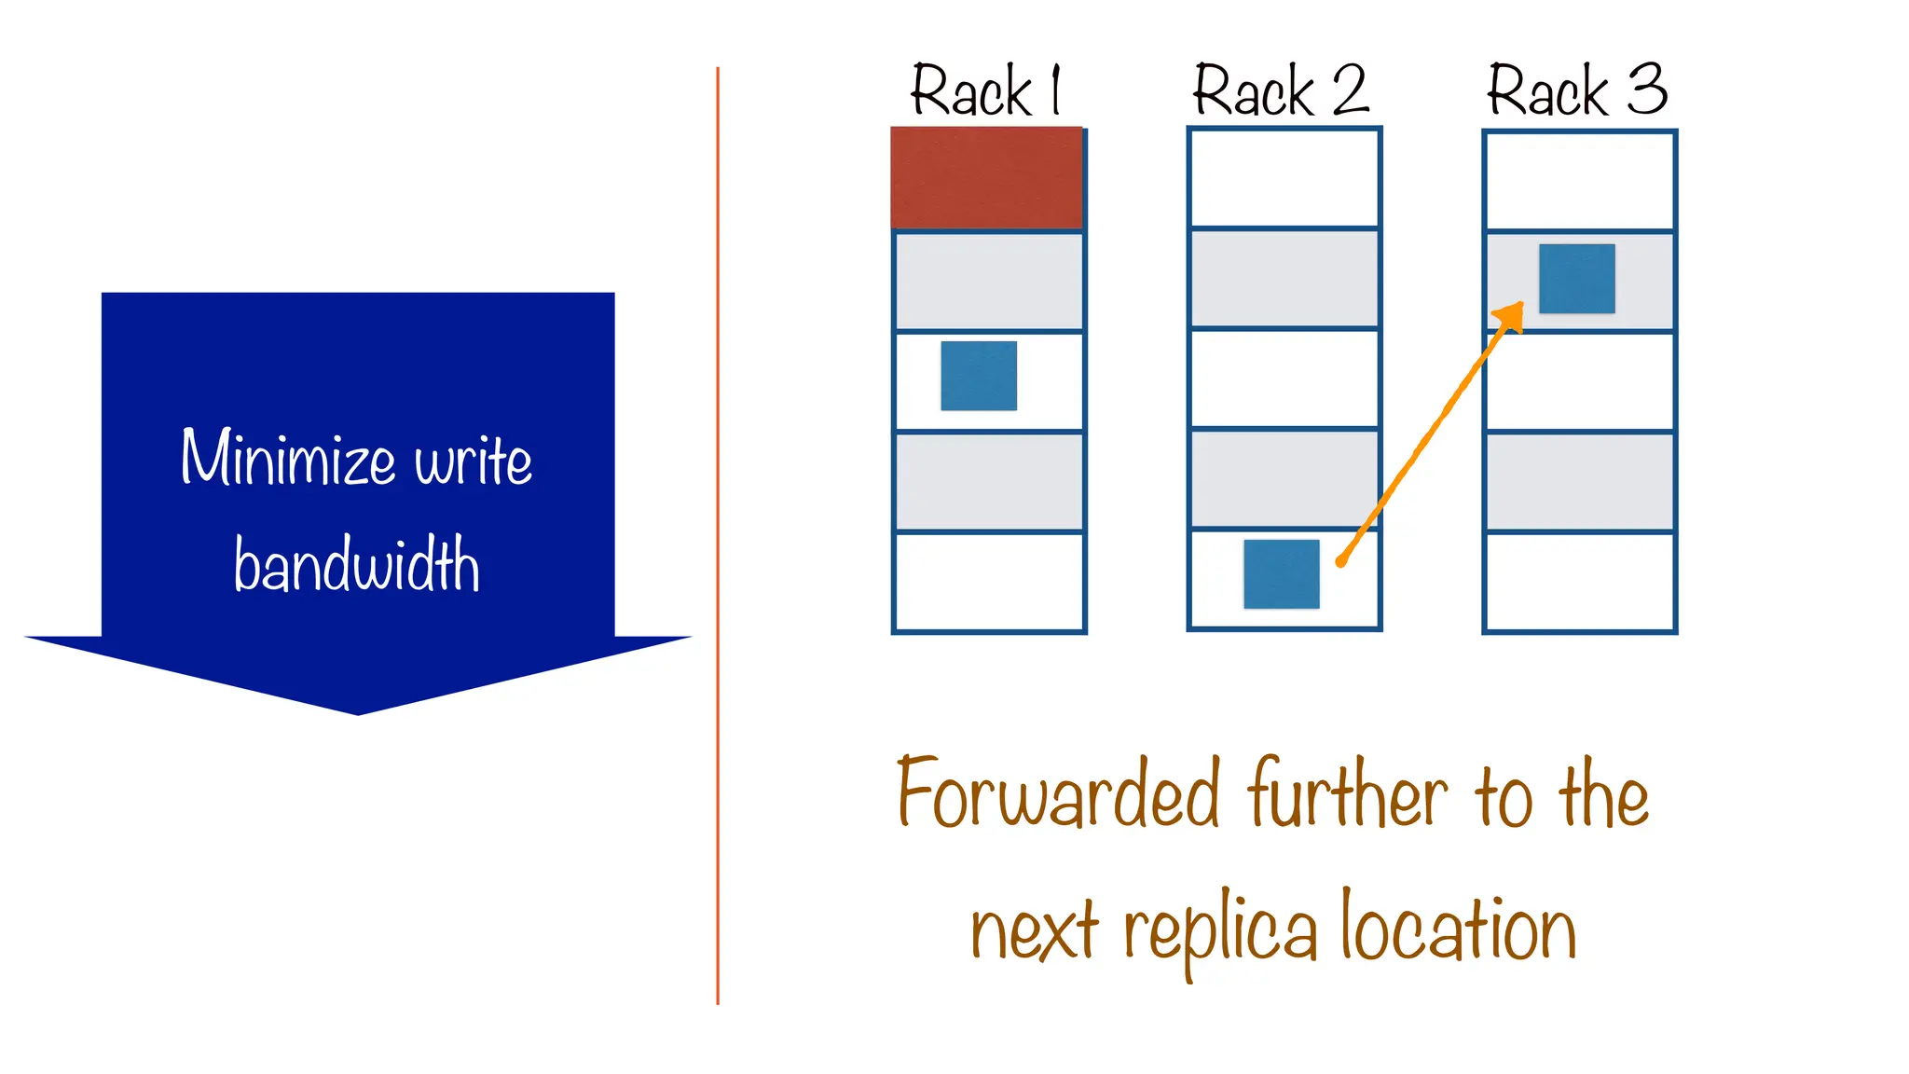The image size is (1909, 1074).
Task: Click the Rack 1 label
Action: pos(985,90)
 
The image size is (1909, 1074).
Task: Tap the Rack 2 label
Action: pos(1281,90)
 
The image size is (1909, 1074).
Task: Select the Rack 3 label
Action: pos(1577,90)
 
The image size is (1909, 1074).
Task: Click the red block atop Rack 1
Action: pos(986,178)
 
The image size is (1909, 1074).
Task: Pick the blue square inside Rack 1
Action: pos(979,376)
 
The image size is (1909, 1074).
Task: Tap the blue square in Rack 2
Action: pos(1282,574)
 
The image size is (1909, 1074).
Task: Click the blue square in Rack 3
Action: pos(1576,279)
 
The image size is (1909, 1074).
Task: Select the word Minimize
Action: pos(288,458)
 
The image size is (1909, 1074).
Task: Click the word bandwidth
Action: pos(357,565)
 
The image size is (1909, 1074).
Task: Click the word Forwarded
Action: pos(1058,793)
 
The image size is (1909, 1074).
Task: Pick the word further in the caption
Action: pos(1348,793)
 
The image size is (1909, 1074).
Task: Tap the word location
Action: pos(1459,928)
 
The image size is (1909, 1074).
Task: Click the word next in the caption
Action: pos(1034,931)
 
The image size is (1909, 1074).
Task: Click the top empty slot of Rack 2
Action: pos(1284,178)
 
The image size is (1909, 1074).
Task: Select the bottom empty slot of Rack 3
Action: pos(1579,582)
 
